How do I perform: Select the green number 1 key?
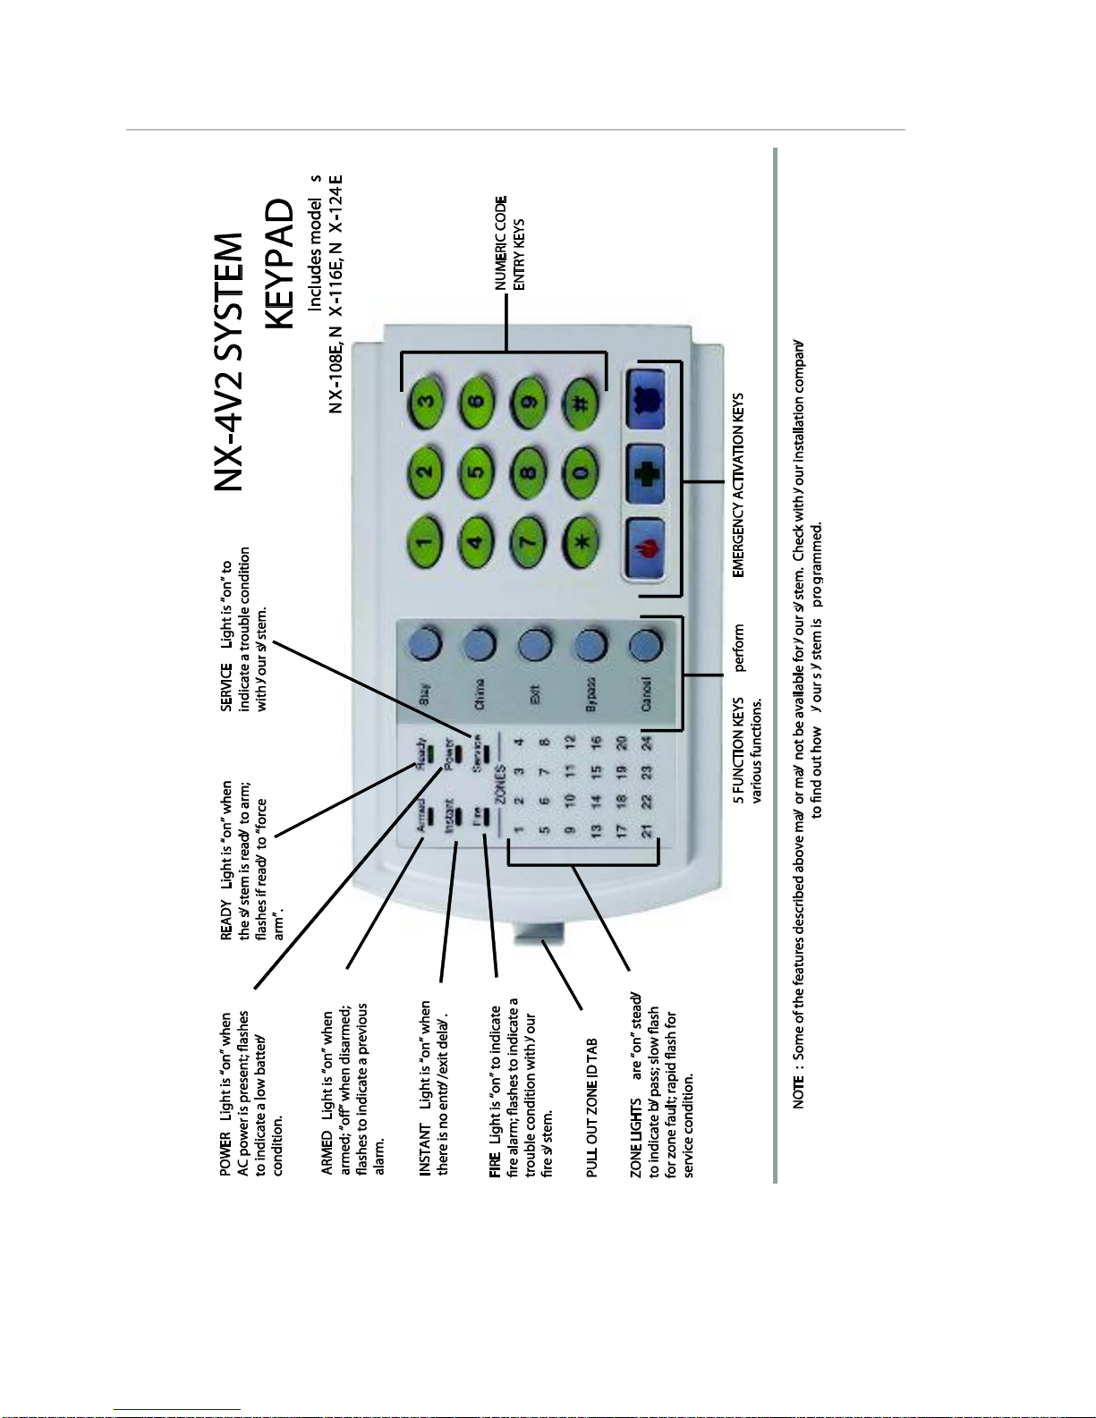[426, 540]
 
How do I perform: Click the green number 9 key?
[530, 402]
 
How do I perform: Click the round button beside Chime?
[480, 643]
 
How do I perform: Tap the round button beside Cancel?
[646, 643]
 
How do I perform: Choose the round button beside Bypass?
[589, 643]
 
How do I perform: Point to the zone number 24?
[648, 741]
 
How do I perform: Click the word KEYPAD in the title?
[280, 264]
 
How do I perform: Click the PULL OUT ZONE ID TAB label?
[592, 1108]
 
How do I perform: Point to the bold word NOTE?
[798, 1093]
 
